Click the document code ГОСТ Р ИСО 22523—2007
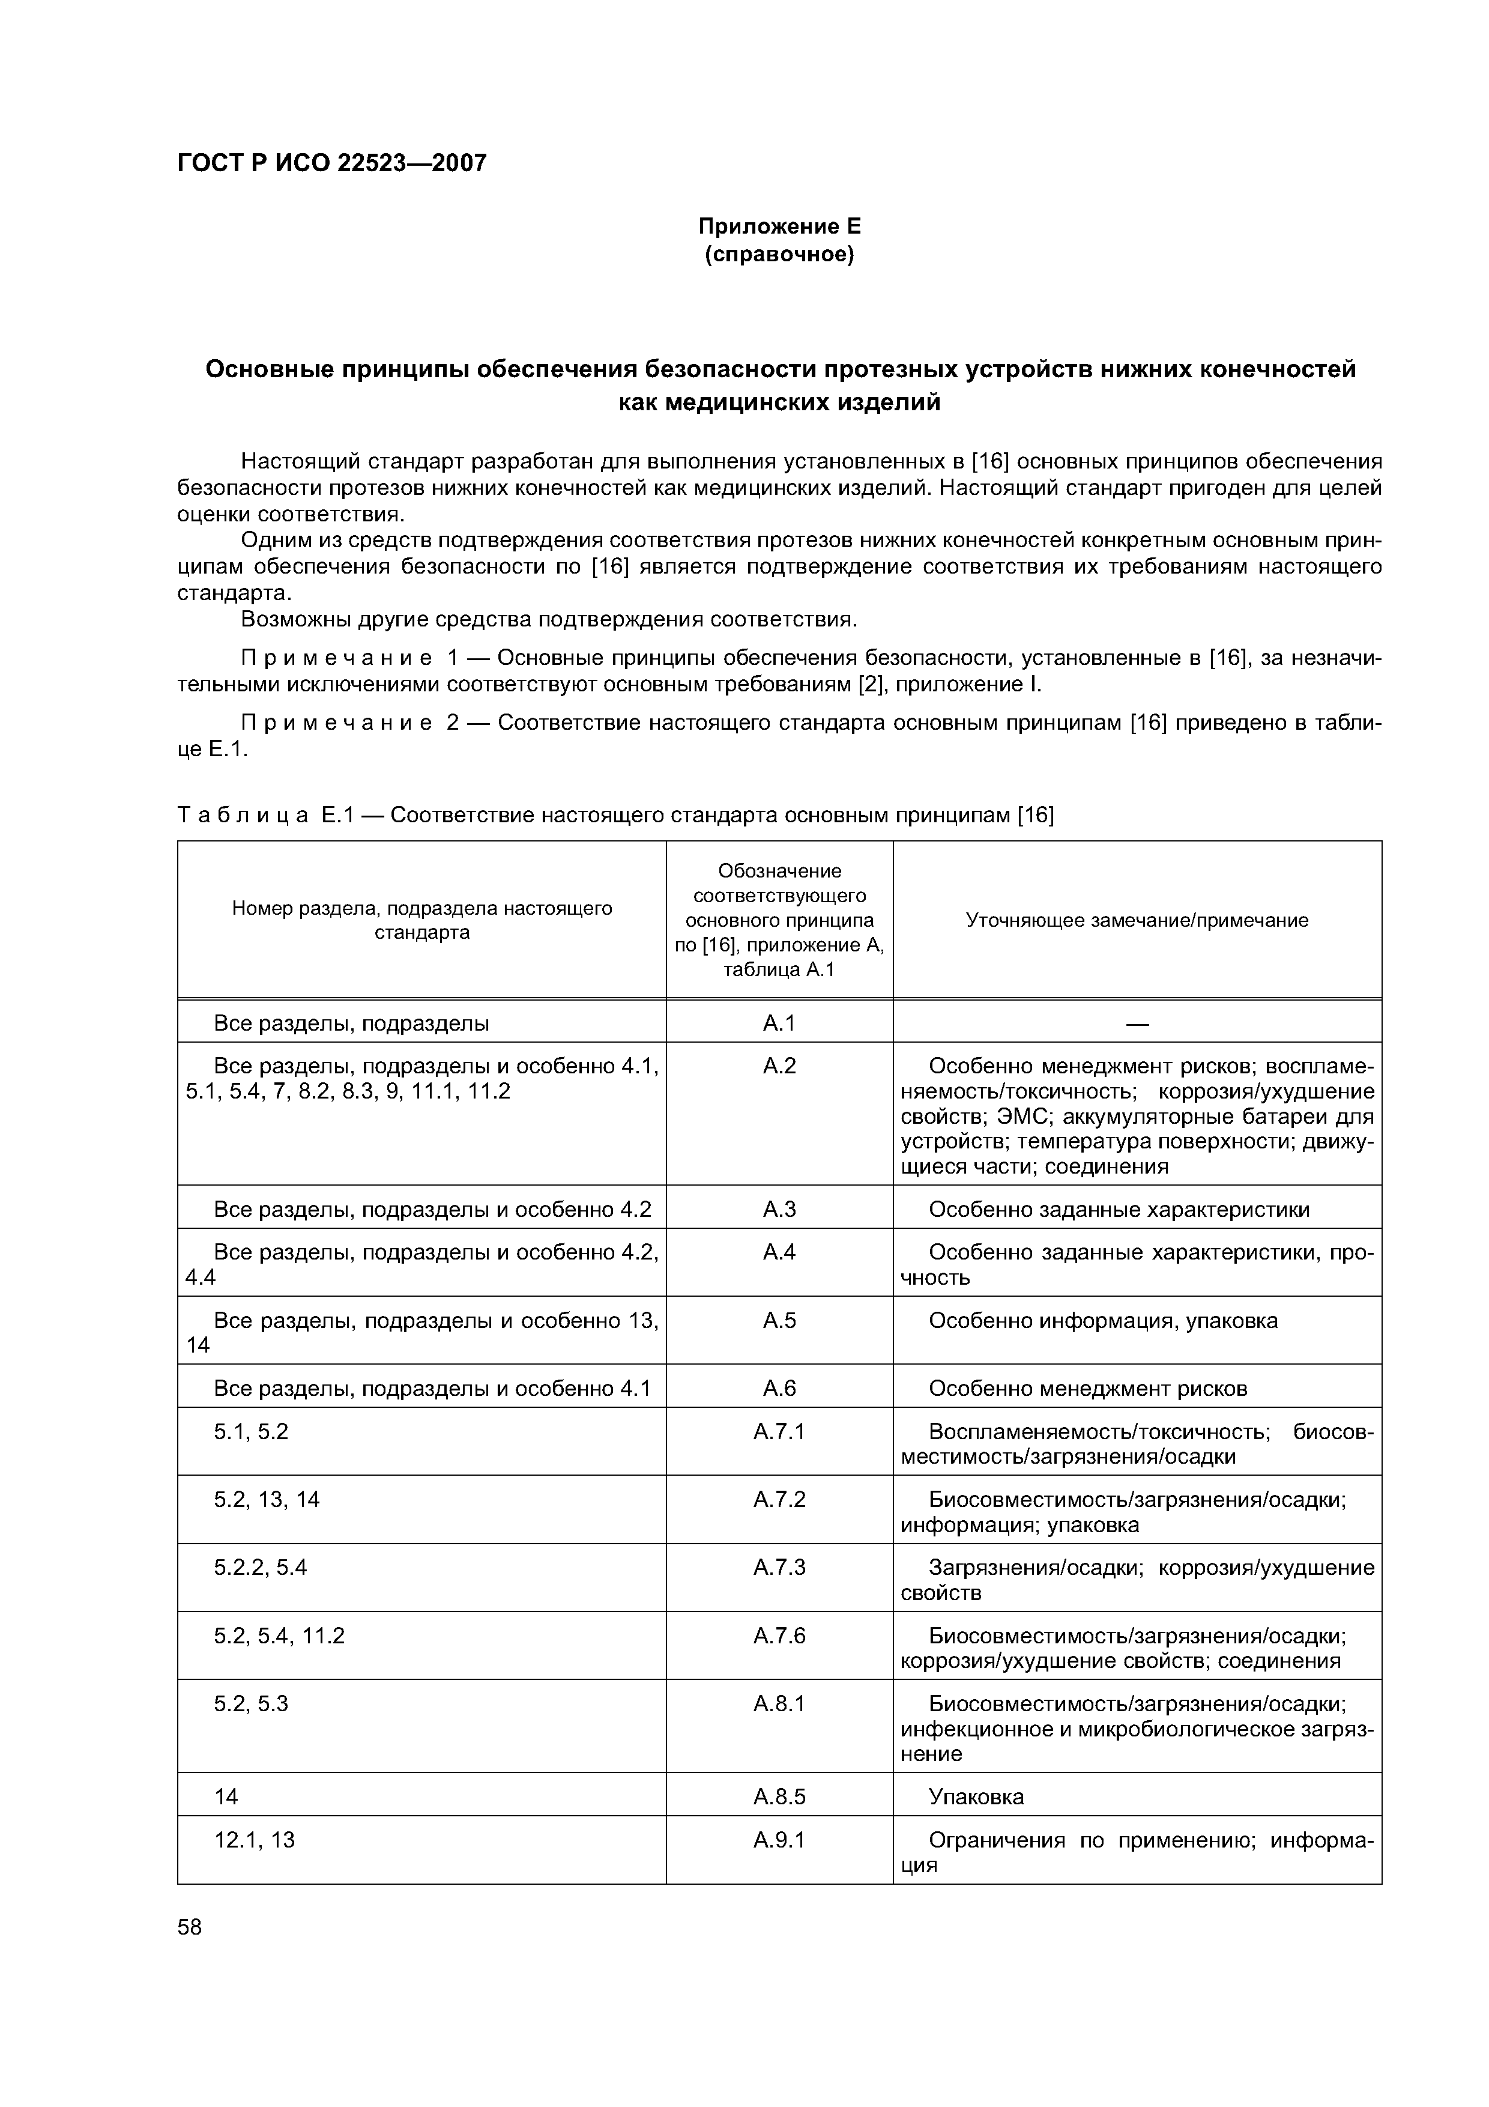(x=331, y=163)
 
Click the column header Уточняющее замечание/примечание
(x=1136, y=920)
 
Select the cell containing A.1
(x=779, y=1022)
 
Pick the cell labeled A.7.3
(x=779, y=1566)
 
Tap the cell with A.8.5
(x=779, y=1796)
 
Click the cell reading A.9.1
(x=779, y=1839)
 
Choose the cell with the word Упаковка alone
(x=976, y=1796)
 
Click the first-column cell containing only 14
(x=226, y=1796)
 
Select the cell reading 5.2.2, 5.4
(x=261, y=1566)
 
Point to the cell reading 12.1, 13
(x=255, y=1839)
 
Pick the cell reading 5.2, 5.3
(x=252, y=1703)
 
